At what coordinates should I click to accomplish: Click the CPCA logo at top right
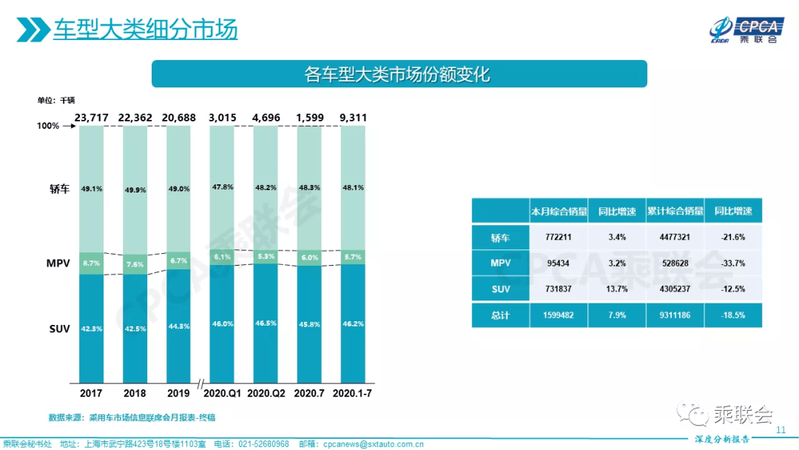pos(743,29)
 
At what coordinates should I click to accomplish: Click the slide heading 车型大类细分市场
pos(145,30)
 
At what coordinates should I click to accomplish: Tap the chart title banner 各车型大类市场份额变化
pos(399,74)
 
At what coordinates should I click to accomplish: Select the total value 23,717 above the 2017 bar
pos(92,117)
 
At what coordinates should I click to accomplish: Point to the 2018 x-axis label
pos(135,392)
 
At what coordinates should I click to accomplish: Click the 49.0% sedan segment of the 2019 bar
pos(179,189)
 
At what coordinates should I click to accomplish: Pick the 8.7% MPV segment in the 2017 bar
pos(92,263)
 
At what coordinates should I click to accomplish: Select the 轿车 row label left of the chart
pos(59,189)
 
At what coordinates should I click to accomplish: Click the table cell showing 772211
pos(559,237)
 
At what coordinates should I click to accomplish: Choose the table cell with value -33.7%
pos(733,263)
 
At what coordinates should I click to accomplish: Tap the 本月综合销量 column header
pos(559,211)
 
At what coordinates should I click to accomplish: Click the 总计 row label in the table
pos(500,315)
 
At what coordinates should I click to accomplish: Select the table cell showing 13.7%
pos(617,289)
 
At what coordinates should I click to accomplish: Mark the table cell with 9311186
pos(675,315)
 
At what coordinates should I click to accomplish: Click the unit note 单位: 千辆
pos(56,100)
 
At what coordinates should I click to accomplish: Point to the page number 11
pos(780,430)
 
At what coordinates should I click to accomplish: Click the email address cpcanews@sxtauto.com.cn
pos(371,444)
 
